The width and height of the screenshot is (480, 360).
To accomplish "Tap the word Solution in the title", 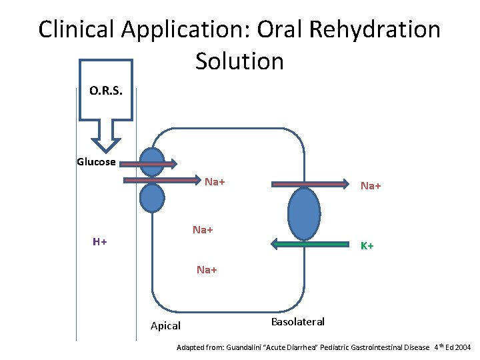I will click(240, 61).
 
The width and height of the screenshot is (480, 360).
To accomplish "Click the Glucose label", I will click(96, 162).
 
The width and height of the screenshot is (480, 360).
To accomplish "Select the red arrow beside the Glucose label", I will click(148, 163).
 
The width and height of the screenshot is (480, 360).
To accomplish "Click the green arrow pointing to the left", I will click(311, 244).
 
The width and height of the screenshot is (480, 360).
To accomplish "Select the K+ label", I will click(367, 246).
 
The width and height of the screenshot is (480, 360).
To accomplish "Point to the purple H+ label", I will click(100, 241).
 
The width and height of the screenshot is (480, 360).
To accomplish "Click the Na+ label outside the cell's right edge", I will click(371, 186).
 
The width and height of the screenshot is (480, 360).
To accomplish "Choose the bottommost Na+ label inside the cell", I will click(207, 270).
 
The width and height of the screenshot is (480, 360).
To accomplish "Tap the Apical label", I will click(165, 326).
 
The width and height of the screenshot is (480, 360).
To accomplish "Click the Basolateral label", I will click(298, 322).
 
